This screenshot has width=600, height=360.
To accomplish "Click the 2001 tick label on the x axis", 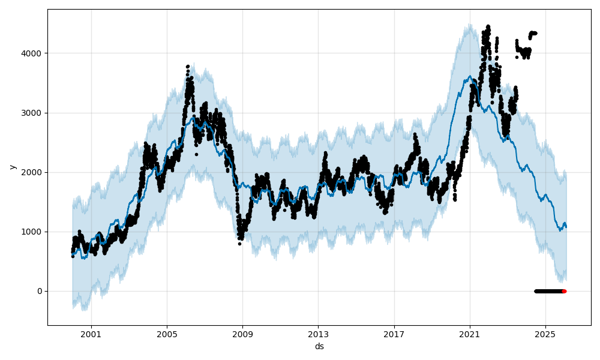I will click(91, 335).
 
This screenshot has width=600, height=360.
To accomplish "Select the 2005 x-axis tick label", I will click(167, 335).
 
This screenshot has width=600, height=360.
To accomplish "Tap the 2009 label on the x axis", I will click(242, 335).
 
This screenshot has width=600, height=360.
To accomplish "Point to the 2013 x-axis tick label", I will click(319, 335).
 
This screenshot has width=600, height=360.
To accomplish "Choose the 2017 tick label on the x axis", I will click(394, 335).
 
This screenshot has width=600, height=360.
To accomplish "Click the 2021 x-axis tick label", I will click(470, 335).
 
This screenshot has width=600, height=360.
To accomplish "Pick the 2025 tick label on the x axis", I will click(545, 335).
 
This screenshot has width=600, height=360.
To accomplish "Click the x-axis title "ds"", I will click(319, 346).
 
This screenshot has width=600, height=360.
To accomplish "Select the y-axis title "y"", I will click(11, 167).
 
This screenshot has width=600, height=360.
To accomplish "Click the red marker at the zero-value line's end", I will click(564, 291).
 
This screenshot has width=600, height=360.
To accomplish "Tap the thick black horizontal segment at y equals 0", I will click(548, 291).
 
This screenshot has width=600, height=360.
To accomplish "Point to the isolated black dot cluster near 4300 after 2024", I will click(532, 33).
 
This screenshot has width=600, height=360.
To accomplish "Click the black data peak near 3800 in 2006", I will click(188, 66).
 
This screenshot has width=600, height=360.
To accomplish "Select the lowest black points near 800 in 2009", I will click(239, 243).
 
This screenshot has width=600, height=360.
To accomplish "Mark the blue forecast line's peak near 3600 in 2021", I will click(469, 76).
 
